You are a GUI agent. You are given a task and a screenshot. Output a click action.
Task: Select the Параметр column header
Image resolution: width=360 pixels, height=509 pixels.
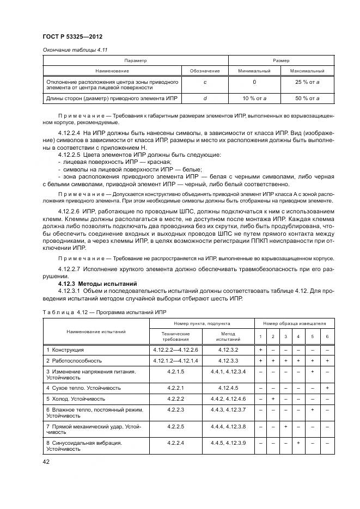135,60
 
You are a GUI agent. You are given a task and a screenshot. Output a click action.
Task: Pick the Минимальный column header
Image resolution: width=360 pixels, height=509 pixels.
254,71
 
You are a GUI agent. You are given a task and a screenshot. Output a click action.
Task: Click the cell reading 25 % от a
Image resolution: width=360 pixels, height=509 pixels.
307,82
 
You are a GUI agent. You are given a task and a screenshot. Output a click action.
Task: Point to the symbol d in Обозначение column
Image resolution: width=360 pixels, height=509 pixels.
205,98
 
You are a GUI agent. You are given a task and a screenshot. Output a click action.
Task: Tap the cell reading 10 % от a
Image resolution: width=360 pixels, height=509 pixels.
254,98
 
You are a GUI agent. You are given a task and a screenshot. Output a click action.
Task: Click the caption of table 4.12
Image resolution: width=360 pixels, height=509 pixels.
104,312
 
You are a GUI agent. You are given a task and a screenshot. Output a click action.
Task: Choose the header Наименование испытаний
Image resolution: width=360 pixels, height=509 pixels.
96,331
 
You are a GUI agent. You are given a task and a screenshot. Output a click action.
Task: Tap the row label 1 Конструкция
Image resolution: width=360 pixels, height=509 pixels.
65,349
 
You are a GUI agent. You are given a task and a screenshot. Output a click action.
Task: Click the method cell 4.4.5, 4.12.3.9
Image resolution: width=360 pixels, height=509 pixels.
228,443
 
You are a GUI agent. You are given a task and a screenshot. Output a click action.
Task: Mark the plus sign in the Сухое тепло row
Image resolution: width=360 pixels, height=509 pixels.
327,388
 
